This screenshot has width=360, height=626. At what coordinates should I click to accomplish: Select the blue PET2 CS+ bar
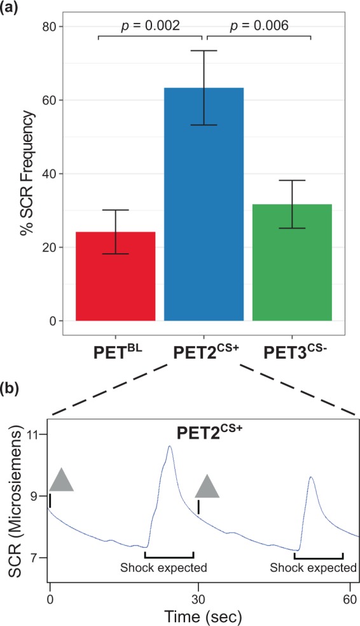click(204, 204)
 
